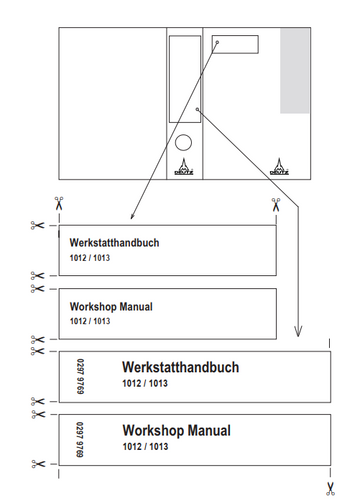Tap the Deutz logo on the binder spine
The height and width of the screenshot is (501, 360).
(x=184, y=166)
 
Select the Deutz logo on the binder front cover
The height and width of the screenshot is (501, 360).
(x=279, y=166)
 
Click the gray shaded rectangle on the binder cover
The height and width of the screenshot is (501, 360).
(x=295, y=71)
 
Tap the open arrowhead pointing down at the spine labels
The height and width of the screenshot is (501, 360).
(x=298, y=331)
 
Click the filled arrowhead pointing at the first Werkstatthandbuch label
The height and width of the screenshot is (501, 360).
(x=132, y=216)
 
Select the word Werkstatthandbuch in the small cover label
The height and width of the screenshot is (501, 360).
(x=114, y=243)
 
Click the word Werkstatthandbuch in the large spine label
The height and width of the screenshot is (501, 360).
(x=181, y=367)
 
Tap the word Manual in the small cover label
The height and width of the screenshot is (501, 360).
(x=136, y=307)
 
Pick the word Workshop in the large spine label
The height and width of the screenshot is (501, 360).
(x=149, y=431)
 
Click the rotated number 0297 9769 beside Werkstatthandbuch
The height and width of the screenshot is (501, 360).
(x=80, y=376)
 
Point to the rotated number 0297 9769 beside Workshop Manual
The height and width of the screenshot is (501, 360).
(x=80, y=440)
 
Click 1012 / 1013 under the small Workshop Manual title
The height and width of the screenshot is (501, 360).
(x=90, y=321)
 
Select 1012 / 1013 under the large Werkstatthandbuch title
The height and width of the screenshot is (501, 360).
(x=145, y=383)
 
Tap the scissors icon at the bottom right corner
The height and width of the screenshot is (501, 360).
(x=330, y=489)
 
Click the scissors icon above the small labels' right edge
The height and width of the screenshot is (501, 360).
(x=276, y=204)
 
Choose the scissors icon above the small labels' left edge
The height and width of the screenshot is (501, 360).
(x=59, y=203)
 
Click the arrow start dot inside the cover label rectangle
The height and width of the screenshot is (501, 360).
(x=217, y=42)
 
